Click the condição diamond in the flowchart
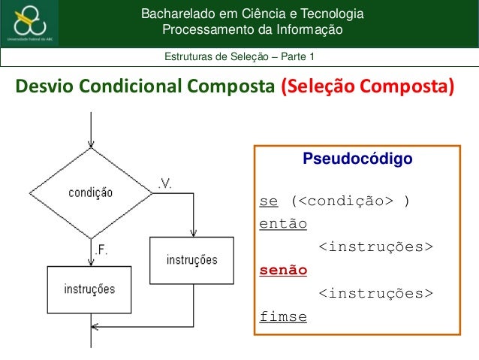[x=91, y=192]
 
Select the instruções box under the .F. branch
[x=89, y=289]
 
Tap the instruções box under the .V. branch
[x=192, y=260]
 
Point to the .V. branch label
[x=166, y=183]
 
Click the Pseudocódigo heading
[x=357, y=159]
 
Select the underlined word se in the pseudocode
[x=268, y=201]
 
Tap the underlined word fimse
[x=282, y=316]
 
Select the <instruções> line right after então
[x=375, y=247]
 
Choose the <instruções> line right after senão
[x=375, y=292]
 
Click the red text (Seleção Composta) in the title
[x=367, y=87]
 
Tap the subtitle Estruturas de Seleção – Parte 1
[x=240, y=58]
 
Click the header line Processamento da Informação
[x=253, y=29]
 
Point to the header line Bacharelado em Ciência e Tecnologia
[x=253, y=14]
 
